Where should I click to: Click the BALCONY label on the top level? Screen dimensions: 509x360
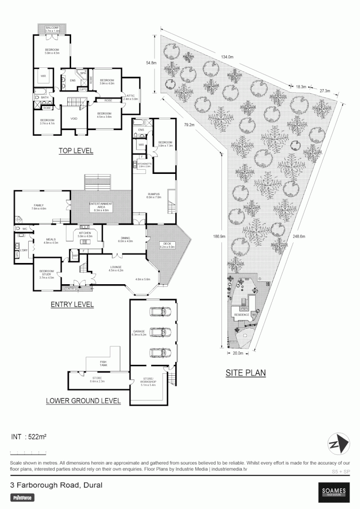point(52,28)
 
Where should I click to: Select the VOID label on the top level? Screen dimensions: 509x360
point(74,118)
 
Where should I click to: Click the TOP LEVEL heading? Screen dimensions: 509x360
point(76,151)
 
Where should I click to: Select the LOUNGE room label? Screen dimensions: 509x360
point(116,269)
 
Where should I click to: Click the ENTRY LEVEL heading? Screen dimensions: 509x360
point(72,305)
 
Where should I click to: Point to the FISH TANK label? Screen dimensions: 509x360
point(103,363)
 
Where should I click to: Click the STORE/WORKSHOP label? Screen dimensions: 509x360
point(149,383)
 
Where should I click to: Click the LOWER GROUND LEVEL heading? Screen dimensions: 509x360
point(83,402)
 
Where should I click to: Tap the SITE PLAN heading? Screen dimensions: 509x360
point(245,373)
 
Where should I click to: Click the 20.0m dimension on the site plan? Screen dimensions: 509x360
point(237,353)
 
